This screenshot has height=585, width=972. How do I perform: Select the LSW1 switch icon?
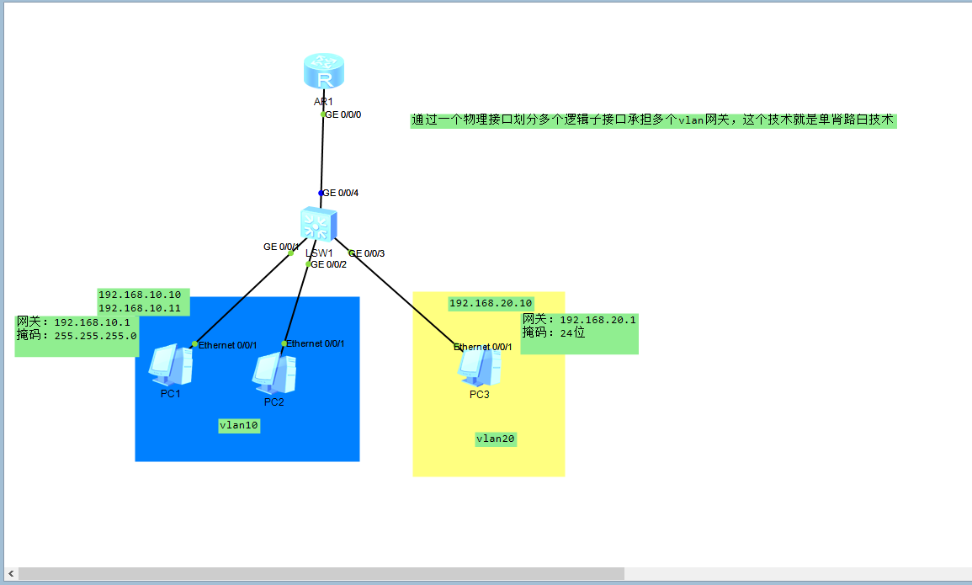[x=318, y=225]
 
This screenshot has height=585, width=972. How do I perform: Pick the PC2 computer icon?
[x=274, y=373]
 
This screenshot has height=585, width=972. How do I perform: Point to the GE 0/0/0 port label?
[x=343, y=114]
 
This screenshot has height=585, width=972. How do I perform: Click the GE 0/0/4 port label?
[x=341, y=193]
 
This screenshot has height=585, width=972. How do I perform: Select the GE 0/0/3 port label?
[x=367, y=253]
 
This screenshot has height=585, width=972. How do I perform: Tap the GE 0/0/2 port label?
[x=329, y=264]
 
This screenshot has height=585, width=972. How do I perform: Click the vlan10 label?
[x=239, y=426]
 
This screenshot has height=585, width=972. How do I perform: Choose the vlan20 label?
[x=496, y=439]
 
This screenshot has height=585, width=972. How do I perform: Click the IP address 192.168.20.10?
[x=491, y=303]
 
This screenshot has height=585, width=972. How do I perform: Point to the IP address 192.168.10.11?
[x=140, y=308]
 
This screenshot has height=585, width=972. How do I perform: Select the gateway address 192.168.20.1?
[x=598, y=320]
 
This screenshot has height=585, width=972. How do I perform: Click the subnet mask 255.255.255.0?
[x=95, y=335]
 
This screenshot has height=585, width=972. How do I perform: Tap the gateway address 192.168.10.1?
[x=92, y=322]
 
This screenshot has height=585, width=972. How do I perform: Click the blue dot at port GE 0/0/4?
[x=321, y=193]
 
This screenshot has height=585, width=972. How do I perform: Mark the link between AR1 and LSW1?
[x=321, y=154]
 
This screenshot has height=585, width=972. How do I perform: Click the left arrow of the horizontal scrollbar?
[x=10, y=573]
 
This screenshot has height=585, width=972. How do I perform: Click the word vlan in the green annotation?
[x=691, y=121]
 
